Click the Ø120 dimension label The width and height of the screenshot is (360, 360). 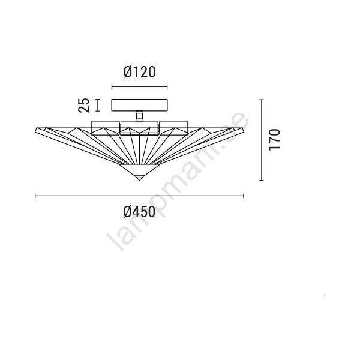[140, 72]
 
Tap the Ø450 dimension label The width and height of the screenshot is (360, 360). [139, 212]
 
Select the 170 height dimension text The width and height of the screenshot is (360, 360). [274, 140]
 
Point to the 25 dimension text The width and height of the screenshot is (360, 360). [83, 105]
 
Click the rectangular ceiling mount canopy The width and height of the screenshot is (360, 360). [139, 105]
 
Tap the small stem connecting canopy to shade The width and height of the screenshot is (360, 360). [139, 116]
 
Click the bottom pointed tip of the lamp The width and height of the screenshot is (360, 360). [139, 180]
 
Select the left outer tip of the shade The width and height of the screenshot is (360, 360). [36, 130]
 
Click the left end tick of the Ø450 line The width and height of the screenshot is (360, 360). [35, 196]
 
